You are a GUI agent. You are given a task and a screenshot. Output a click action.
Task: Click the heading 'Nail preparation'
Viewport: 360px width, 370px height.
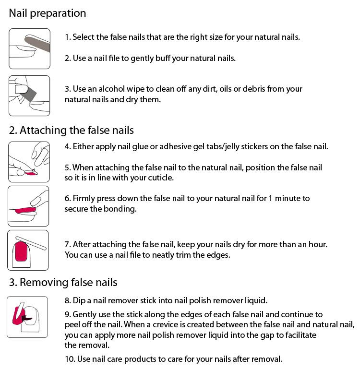[47, 13]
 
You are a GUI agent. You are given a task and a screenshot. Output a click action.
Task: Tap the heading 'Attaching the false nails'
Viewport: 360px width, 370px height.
[77, 130]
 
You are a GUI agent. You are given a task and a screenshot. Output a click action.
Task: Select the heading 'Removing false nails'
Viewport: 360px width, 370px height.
[69, 282]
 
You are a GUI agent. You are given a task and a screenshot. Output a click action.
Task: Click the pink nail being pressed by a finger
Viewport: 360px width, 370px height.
[25, 210]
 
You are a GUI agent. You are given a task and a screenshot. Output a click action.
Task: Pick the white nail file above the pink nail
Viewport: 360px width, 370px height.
[31, 242]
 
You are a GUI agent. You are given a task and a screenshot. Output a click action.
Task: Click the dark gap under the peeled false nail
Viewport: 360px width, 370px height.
[27, 318]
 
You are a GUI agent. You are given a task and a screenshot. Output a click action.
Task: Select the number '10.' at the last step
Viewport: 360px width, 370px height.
[70, 359]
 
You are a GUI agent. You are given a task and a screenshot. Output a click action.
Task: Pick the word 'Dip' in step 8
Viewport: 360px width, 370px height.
[79, 300]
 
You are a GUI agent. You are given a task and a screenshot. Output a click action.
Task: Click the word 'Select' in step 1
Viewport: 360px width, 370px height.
[84, 37]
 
